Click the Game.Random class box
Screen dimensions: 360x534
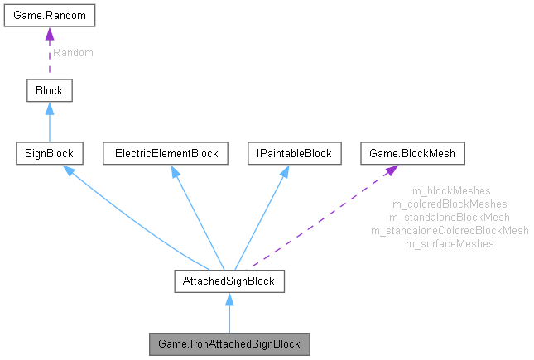[49, 16]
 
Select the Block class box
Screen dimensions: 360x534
[49, 89]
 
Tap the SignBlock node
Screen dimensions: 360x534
[49, 153]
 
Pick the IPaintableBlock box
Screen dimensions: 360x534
[283, 153]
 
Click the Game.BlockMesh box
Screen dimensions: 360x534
[413, 153]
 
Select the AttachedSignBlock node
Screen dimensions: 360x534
[229, 281]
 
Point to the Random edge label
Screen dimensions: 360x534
[73, 52]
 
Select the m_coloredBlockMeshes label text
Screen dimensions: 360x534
[450, 204]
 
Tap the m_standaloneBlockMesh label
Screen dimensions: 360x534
[450, 217]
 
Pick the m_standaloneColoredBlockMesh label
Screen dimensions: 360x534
[450, 230]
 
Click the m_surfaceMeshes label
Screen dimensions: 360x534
[450, 243]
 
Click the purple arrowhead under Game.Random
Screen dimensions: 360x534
[49, 34]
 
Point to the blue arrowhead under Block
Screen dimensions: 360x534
[49, 108]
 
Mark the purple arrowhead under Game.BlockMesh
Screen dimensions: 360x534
[389, 170]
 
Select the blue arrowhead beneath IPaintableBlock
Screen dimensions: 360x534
[282, 171]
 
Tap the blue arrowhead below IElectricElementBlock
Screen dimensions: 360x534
[175, 171]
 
